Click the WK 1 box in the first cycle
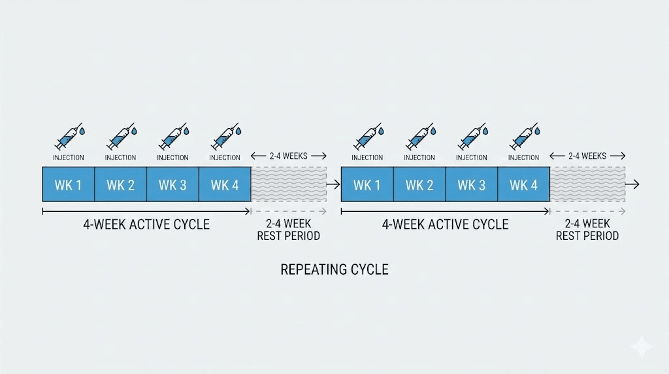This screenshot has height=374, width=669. [68, 185]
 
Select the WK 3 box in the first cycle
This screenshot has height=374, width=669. [172, 185]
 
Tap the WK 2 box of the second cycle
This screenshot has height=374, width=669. [419, 185]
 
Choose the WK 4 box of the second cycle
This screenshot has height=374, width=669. [523, 185]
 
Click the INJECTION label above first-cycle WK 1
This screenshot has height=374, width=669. [68, 158]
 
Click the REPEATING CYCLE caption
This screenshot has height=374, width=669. [334, 269]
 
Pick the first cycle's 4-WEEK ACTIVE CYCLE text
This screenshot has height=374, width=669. [146, 224]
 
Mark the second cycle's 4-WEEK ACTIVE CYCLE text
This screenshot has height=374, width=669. [445, 224]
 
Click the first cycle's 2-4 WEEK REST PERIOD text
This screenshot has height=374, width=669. [288, 229]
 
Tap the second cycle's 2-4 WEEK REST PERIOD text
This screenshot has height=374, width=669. [587, 229]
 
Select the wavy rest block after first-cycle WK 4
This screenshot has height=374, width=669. [289, 185]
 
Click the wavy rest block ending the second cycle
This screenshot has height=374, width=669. [587, 185]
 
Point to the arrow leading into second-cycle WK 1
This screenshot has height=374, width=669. [333, 185]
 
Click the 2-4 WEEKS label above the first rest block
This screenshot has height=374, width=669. [288, 156]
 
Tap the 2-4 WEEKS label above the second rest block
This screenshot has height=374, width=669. [587, 156]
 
